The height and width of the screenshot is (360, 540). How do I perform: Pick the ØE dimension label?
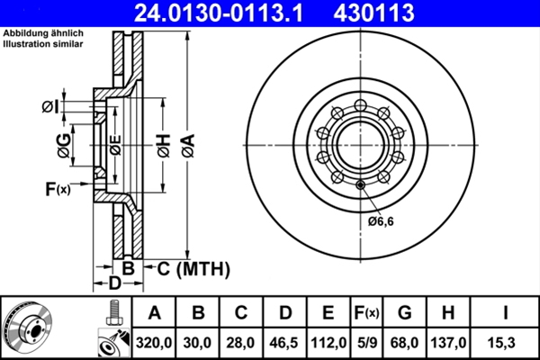[114, 143]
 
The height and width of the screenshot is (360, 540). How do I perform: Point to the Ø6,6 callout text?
[381, 220]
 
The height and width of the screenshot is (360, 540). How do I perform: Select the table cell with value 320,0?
[155, 343]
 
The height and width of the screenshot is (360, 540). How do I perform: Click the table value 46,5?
[285, 343]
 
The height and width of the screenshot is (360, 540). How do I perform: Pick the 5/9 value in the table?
[366, 343]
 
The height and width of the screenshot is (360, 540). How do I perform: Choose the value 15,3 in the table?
[508, 343]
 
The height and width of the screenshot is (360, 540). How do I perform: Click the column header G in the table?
[405, 313]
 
